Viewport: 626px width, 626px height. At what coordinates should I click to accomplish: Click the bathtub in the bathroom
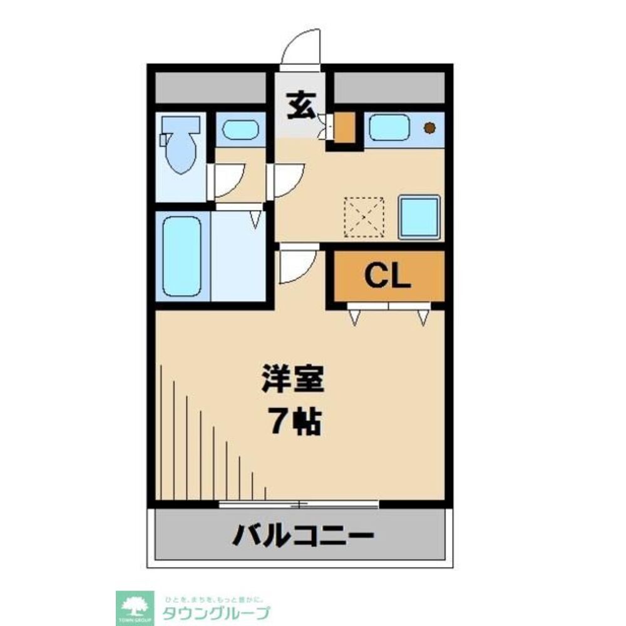(x=182, y=255)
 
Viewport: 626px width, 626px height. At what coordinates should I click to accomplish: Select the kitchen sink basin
(x=389, y=128)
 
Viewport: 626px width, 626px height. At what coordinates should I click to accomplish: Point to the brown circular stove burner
(x=429, y=128)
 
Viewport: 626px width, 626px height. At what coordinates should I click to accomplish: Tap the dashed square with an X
(x=364, y=217)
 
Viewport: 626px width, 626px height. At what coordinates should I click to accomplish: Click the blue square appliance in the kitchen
(x=419, y=217)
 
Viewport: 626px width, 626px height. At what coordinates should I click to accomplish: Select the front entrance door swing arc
(x=300, y=49)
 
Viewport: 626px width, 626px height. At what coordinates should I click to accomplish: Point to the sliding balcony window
(x=299, y=503)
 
